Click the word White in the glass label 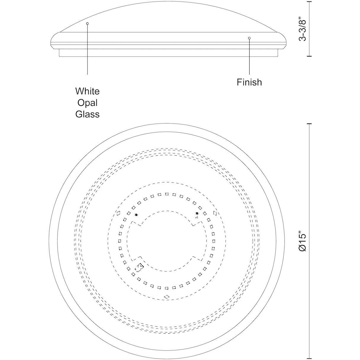coord(87,91)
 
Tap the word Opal coord(87,103)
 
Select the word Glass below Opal coord(87,114)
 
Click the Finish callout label coord(249,82)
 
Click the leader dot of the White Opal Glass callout coord(87,23)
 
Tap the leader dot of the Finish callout coord(249,38)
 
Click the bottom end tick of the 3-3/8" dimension coord(309,56)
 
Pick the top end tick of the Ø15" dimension coord(309,124)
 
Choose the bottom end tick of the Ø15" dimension coord(309,358)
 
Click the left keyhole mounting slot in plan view coord(119,213)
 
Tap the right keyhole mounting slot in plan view coord(215,213)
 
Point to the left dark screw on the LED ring coord(136,215)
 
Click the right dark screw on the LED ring coord(197,213)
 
